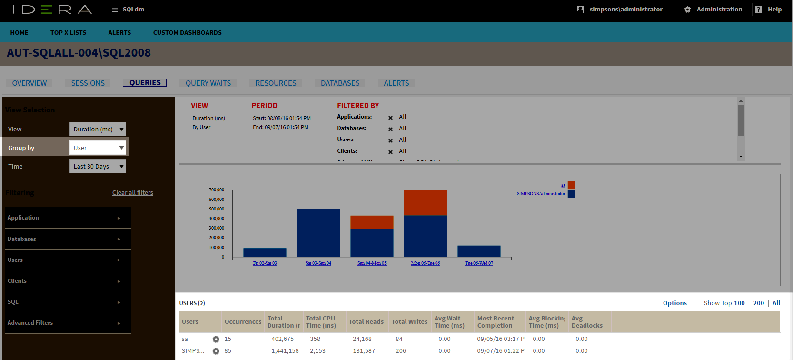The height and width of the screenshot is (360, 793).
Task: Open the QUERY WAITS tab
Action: [208, 83]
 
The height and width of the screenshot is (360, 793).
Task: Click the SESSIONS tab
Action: [88, 83]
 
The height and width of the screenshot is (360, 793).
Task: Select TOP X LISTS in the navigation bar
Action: [69, 33]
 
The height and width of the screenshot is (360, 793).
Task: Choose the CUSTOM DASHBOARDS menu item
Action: [187, 33]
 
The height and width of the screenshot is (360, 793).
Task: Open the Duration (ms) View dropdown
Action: [98, 129]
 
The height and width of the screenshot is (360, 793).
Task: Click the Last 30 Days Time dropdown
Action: [98, 166]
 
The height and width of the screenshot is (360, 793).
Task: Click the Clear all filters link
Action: [133, 193]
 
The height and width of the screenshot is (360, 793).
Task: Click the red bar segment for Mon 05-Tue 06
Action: [425, 202]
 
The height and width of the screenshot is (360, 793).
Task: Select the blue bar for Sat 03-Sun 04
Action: [318, 233]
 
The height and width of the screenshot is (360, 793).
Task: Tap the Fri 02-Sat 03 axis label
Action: [265, 263]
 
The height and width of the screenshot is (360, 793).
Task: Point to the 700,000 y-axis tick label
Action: [217, 190]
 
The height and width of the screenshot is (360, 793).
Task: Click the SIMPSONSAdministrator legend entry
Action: [541, 194]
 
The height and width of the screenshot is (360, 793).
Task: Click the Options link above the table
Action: [674, 303]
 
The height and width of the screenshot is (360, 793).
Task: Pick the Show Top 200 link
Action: [758, 303]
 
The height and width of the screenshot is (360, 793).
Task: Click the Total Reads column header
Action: [366, 322]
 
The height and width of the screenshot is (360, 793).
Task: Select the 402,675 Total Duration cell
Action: [282, 339]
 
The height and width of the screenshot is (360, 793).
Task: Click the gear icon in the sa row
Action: [216, 339]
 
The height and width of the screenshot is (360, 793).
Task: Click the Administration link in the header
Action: [719, 10]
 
